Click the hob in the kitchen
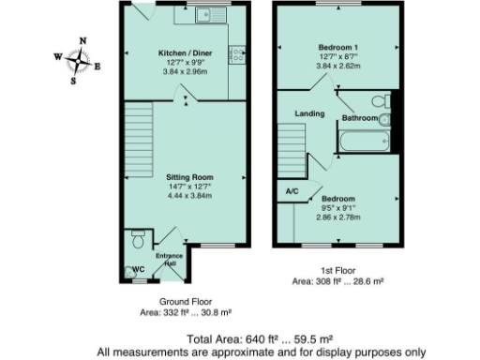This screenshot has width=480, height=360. point(236,53)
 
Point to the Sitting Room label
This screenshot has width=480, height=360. point(189,176)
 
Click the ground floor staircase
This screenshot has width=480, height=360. point(138,140)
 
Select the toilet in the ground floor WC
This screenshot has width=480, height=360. point(137,241)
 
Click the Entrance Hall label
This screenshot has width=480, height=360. point(168,260)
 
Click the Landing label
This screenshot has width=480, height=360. point(309,114)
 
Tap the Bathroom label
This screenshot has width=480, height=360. point(359,119)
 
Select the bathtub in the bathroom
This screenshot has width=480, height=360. point(364,142)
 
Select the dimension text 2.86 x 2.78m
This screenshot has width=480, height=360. point(337,217)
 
